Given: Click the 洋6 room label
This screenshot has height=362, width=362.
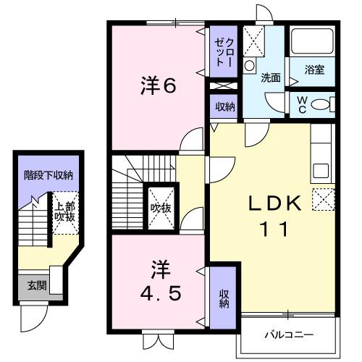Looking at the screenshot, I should [x=158, y=86].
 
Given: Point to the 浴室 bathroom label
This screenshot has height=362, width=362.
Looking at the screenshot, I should [x=314, y=70].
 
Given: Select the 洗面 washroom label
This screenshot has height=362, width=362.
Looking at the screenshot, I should [x=271, y=77].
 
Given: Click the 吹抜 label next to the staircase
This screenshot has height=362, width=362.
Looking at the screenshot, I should [x=160, y=208].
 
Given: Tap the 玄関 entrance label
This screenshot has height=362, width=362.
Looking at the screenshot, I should [x=32, y=285].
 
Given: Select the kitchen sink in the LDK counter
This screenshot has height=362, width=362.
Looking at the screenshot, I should [x=321, y=173].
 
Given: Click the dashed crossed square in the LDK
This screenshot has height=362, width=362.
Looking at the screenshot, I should [x=323, y=198].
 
